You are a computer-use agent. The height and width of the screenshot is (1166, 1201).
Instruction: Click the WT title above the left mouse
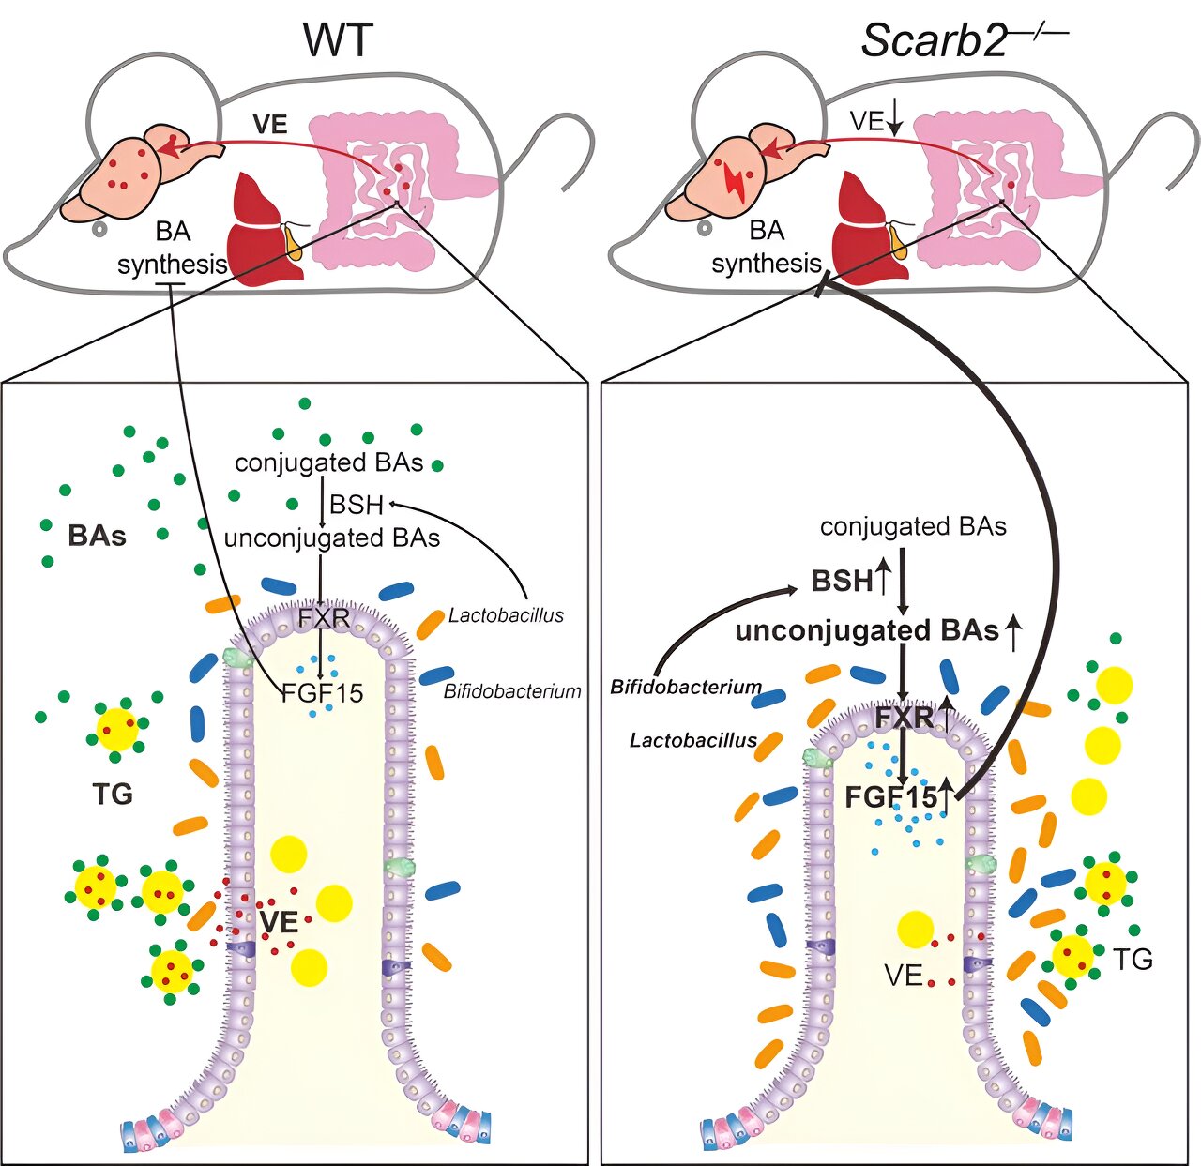(x=338, y=41)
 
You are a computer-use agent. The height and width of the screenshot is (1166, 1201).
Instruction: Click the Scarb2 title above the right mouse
(x=963, y=40)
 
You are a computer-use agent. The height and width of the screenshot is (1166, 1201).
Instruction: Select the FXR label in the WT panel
(x=325, y=617)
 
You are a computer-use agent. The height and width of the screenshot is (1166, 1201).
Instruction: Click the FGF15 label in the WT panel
(x=322, y=693)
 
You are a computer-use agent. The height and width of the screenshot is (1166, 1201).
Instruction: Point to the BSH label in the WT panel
(x=357, y=505)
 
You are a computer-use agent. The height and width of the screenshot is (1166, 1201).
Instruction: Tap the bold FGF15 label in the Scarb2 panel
(x=891, y=797)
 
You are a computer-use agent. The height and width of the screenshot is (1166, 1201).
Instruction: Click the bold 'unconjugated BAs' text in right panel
(x=867, y=631)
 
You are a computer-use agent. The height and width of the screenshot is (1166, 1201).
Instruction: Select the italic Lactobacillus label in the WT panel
(x=506, y=615)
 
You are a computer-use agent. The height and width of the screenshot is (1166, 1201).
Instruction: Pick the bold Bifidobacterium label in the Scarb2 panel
(x=686, y=687)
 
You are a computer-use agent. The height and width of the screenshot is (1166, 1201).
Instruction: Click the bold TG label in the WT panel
(x=113, y=794)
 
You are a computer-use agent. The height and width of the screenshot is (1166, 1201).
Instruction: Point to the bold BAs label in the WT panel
(x=98, y=537)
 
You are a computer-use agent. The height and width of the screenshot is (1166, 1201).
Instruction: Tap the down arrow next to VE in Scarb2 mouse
(x=895, y=122)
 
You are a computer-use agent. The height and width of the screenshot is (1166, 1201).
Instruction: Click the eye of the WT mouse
(x=99, y=229)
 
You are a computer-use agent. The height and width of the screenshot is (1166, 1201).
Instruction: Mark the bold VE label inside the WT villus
(x=279, y=922)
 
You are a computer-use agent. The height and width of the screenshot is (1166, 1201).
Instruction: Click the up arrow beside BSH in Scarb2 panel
(x=883, y=581)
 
